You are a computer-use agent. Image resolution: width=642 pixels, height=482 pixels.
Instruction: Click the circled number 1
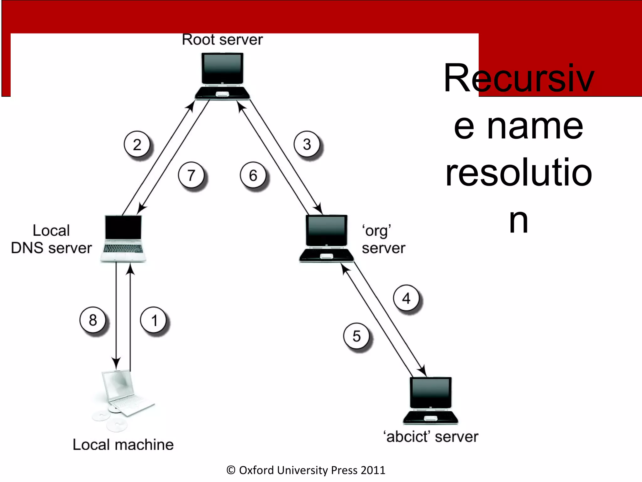tap(153, 320)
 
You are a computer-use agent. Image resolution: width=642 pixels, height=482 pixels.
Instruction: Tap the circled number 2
tap(137, 144)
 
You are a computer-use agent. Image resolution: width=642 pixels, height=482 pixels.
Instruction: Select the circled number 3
tap(307, 144)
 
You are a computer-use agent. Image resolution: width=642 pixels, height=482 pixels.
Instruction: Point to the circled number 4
tap(406, 298)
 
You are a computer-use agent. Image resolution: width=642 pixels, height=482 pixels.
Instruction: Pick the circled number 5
tap(356, 336)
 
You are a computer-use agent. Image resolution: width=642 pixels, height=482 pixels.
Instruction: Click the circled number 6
tap(253, 175)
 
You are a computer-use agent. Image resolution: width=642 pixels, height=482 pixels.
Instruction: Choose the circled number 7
tap(191, 175)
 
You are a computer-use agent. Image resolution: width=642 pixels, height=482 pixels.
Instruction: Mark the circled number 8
tap(93, 320)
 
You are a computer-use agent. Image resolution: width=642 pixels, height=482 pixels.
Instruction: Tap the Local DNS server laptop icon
tap(123, 238)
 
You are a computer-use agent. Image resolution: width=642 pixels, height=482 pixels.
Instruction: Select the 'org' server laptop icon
tap(326, 238)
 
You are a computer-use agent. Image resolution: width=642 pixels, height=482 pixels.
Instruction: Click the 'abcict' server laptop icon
tap(430, 400)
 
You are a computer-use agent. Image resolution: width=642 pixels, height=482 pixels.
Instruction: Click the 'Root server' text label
tap(222, 40)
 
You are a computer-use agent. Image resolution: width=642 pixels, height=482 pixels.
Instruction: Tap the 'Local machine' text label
tap(123, 444)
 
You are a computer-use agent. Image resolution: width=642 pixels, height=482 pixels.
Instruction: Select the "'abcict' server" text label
tap(431, 436)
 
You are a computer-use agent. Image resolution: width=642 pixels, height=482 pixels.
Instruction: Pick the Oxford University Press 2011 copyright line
tap(306, 470)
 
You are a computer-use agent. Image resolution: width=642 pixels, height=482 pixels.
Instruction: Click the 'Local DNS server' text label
tap(51, 239)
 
